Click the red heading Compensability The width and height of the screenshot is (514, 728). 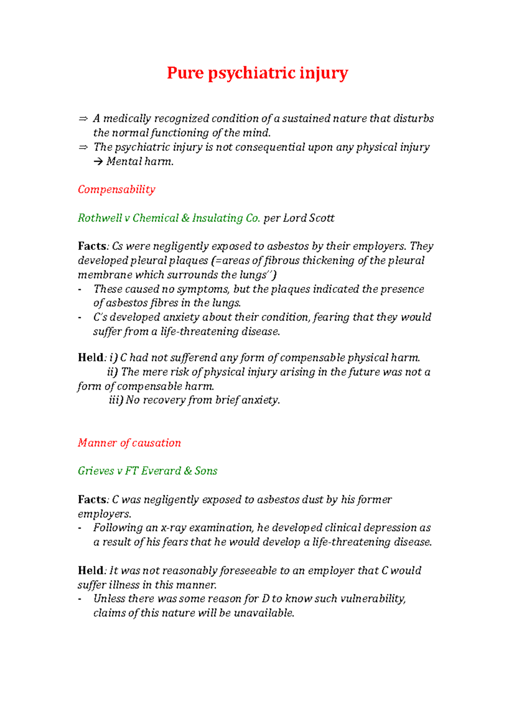(x=117, y=189)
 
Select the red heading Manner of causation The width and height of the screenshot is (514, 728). (x=129, y=442)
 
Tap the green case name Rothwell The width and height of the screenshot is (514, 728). (x=100, y=218)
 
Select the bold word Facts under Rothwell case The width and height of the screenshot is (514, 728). (x=92, y=246)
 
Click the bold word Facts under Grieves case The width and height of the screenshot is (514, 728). (x=92, y=499)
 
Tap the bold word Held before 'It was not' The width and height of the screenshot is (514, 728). (x=91, y=570)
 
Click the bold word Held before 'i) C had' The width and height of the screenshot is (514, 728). (x=91, y=358)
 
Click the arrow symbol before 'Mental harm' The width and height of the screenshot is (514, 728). (x=98, y=162)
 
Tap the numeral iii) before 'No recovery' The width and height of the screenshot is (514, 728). (x=116, y=400)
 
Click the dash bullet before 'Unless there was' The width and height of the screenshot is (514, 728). (x=80, y=599)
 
